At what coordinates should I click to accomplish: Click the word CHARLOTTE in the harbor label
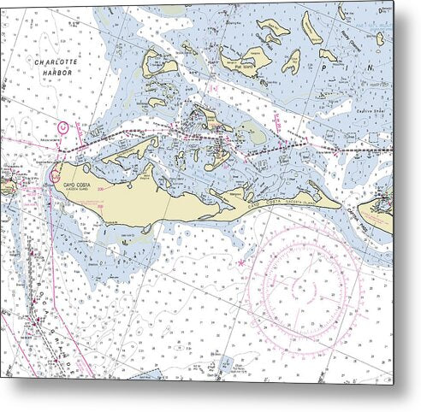[53, 63]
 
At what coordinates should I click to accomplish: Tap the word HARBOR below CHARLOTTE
[53, 74]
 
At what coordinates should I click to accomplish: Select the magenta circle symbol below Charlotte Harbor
[62, 127]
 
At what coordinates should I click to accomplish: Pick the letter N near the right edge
[369, 66]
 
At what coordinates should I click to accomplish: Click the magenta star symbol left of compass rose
[241, 262]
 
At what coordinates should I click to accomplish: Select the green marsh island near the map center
[252, 132]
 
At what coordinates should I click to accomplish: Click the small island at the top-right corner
[379, 38]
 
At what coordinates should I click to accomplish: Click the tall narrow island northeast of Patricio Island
[311, 29]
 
